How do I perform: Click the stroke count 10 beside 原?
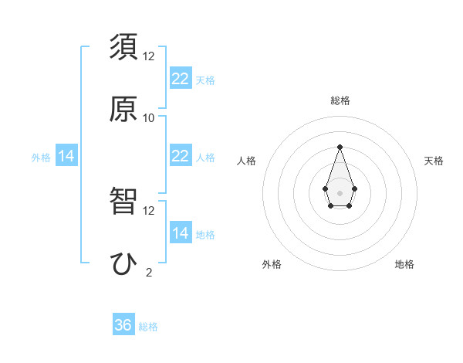click(149, 118)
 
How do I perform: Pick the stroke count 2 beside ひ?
click(149, 272)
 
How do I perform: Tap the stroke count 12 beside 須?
click(149, 56)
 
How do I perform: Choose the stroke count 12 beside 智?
click(149, 210)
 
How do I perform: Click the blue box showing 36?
click(123, 325)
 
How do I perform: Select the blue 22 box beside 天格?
click(181, 79)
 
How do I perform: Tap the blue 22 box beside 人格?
click(181, 156)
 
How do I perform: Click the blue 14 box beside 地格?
click(181, 233)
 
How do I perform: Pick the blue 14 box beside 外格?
click(66, 156)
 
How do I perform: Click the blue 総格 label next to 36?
click(148, 327)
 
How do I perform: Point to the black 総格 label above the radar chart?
click(340, 100)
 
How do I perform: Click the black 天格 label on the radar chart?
click(434, 161)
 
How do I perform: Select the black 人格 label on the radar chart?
click(246, 161)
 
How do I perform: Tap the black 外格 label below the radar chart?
click(272, 264)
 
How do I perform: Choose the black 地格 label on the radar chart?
click(404, 264)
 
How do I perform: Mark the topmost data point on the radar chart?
click(340, 147)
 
